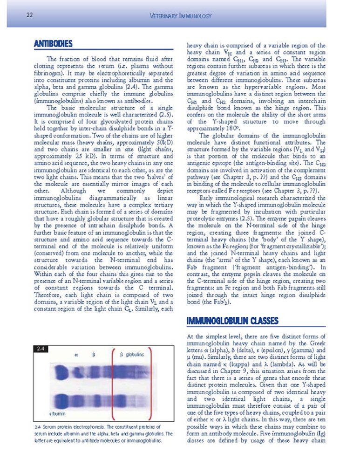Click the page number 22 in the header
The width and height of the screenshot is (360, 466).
(x=29, y=16)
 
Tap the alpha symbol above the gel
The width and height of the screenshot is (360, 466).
(x=76, y=355)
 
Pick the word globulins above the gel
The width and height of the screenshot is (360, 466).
(x=135, y=355)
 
